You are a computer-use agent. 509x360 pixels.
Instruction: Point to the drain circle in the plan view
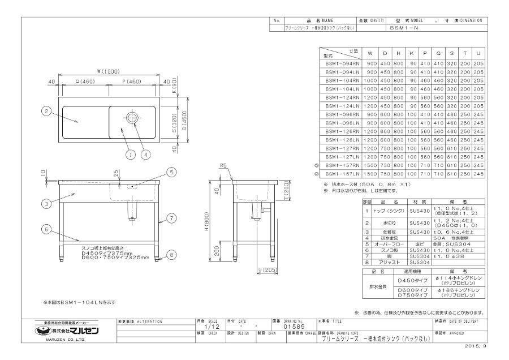(132, 118)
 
